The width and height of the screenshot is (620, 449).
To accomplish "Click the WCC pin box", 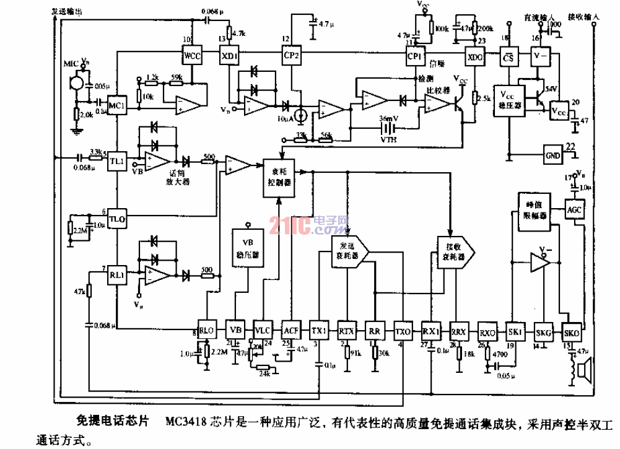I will tap(193, 56).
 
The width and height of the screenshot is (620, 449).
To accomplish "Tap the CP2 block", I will tap(291, 56).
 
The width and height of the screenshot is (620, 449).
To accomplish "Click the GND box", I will tap(552, 153).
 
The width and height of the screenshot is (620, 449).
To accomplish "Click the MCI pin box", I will tap(117, 107).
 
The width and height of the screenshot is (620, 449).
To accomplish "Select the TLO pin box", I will tap(117, 219).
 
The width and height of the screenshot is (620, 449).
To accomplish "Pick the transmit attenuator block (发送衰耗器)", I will tap(349, 251).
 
